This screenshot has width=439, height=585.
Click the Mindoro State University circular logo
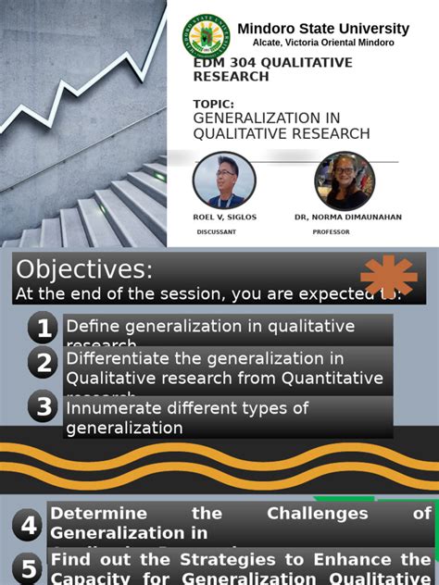pos(207,36)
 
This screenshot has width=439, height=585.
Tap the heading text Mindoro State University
pos(323,29)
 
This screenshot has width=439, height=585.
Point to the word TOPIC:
pos(214,105)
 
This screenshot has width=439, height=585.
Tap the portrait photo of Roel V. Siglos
pos(223,180)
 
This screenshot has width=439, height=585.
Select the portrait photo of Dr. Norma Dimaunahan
pos(345,180)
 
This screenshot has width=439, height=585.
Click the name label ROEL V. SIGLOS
pos(224,217)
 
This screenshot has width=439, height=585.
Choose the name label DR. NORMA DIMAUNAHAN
pos(348,217)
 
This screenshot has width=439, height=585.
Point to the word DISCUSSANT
pos(217,232)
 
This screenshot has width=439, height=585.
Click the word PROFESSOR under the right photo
pos(331,232)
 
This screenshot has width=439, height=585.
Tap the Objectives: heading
pos(83,269)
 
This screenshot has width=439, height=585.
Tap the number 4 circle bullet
pos(30,526)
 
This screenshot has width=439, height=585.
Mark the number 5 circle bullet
pos(30,567)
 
